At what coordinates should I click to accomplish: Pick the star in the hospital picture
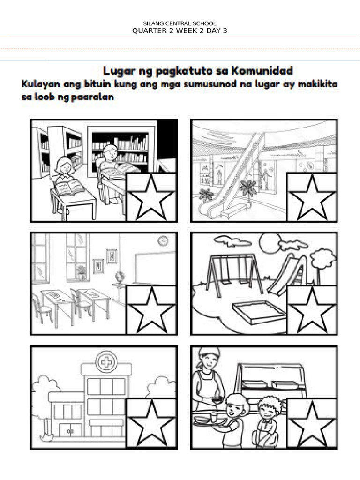151,423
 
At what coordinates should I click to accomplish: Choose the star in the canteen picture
311,423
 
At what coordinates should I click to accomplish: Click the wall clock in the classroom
163,240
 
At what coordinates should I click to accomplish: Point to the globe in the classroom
119,277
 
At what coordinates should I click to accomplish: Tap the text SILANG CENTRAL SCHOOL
180,23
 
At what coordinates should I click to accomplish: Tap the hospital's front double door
70,431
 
